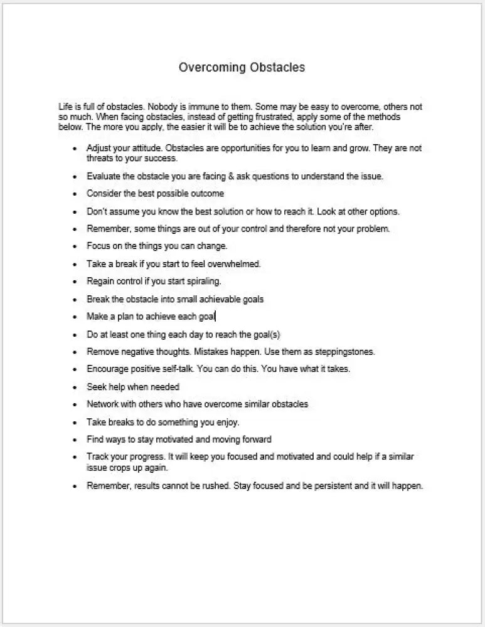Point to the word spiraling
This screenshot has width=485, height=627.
[x=201, y=282]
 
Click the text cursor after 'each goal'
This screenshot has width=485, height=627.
[x=215, y=317]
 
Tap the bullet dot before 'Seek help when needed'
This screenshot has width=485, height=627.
[x=75, y=387]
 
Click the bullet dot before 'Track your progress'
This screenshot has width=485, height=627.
[x=75, y=458]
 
